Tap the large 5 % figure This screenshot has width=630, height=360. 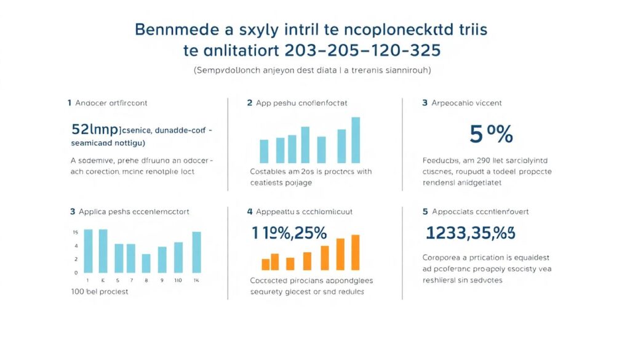491,134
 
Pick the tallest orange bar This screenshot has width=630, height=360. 355,252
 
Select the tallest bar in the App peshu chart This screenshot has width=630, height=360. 356,140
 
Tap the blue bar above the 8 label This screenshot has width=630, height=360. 146,263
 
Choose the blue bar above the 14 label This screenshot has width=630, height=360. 197,252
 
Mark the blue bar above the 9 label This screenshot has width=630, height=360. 162,259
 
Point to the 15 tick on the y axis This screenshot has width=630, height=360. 75,232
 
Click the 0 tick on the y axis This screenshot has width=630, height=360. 76,272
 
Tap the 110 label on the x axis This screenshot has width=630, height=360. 178,280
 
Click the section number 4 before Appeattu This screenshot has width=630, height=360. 250,211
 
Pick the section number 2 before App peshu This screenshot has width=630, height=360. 250,103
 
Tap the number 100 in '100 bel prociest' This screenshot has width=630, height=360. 78,291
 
